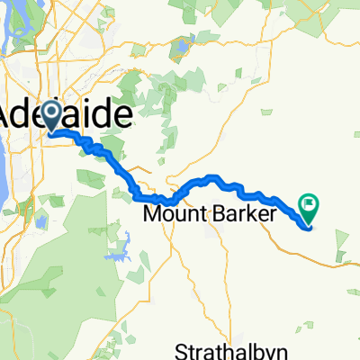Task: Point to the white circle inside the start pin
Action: [51, 112]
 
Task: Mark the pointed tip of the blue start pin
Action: [51, 132]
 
